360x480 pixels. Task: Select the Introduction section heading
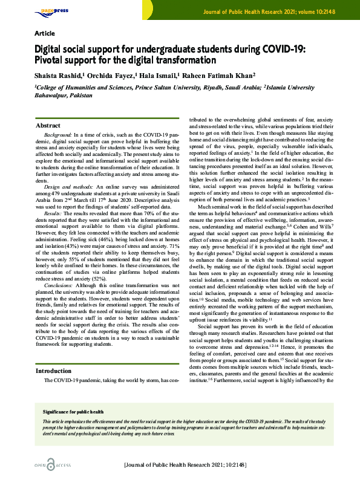pyautogui.click(x=53, y=371)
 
